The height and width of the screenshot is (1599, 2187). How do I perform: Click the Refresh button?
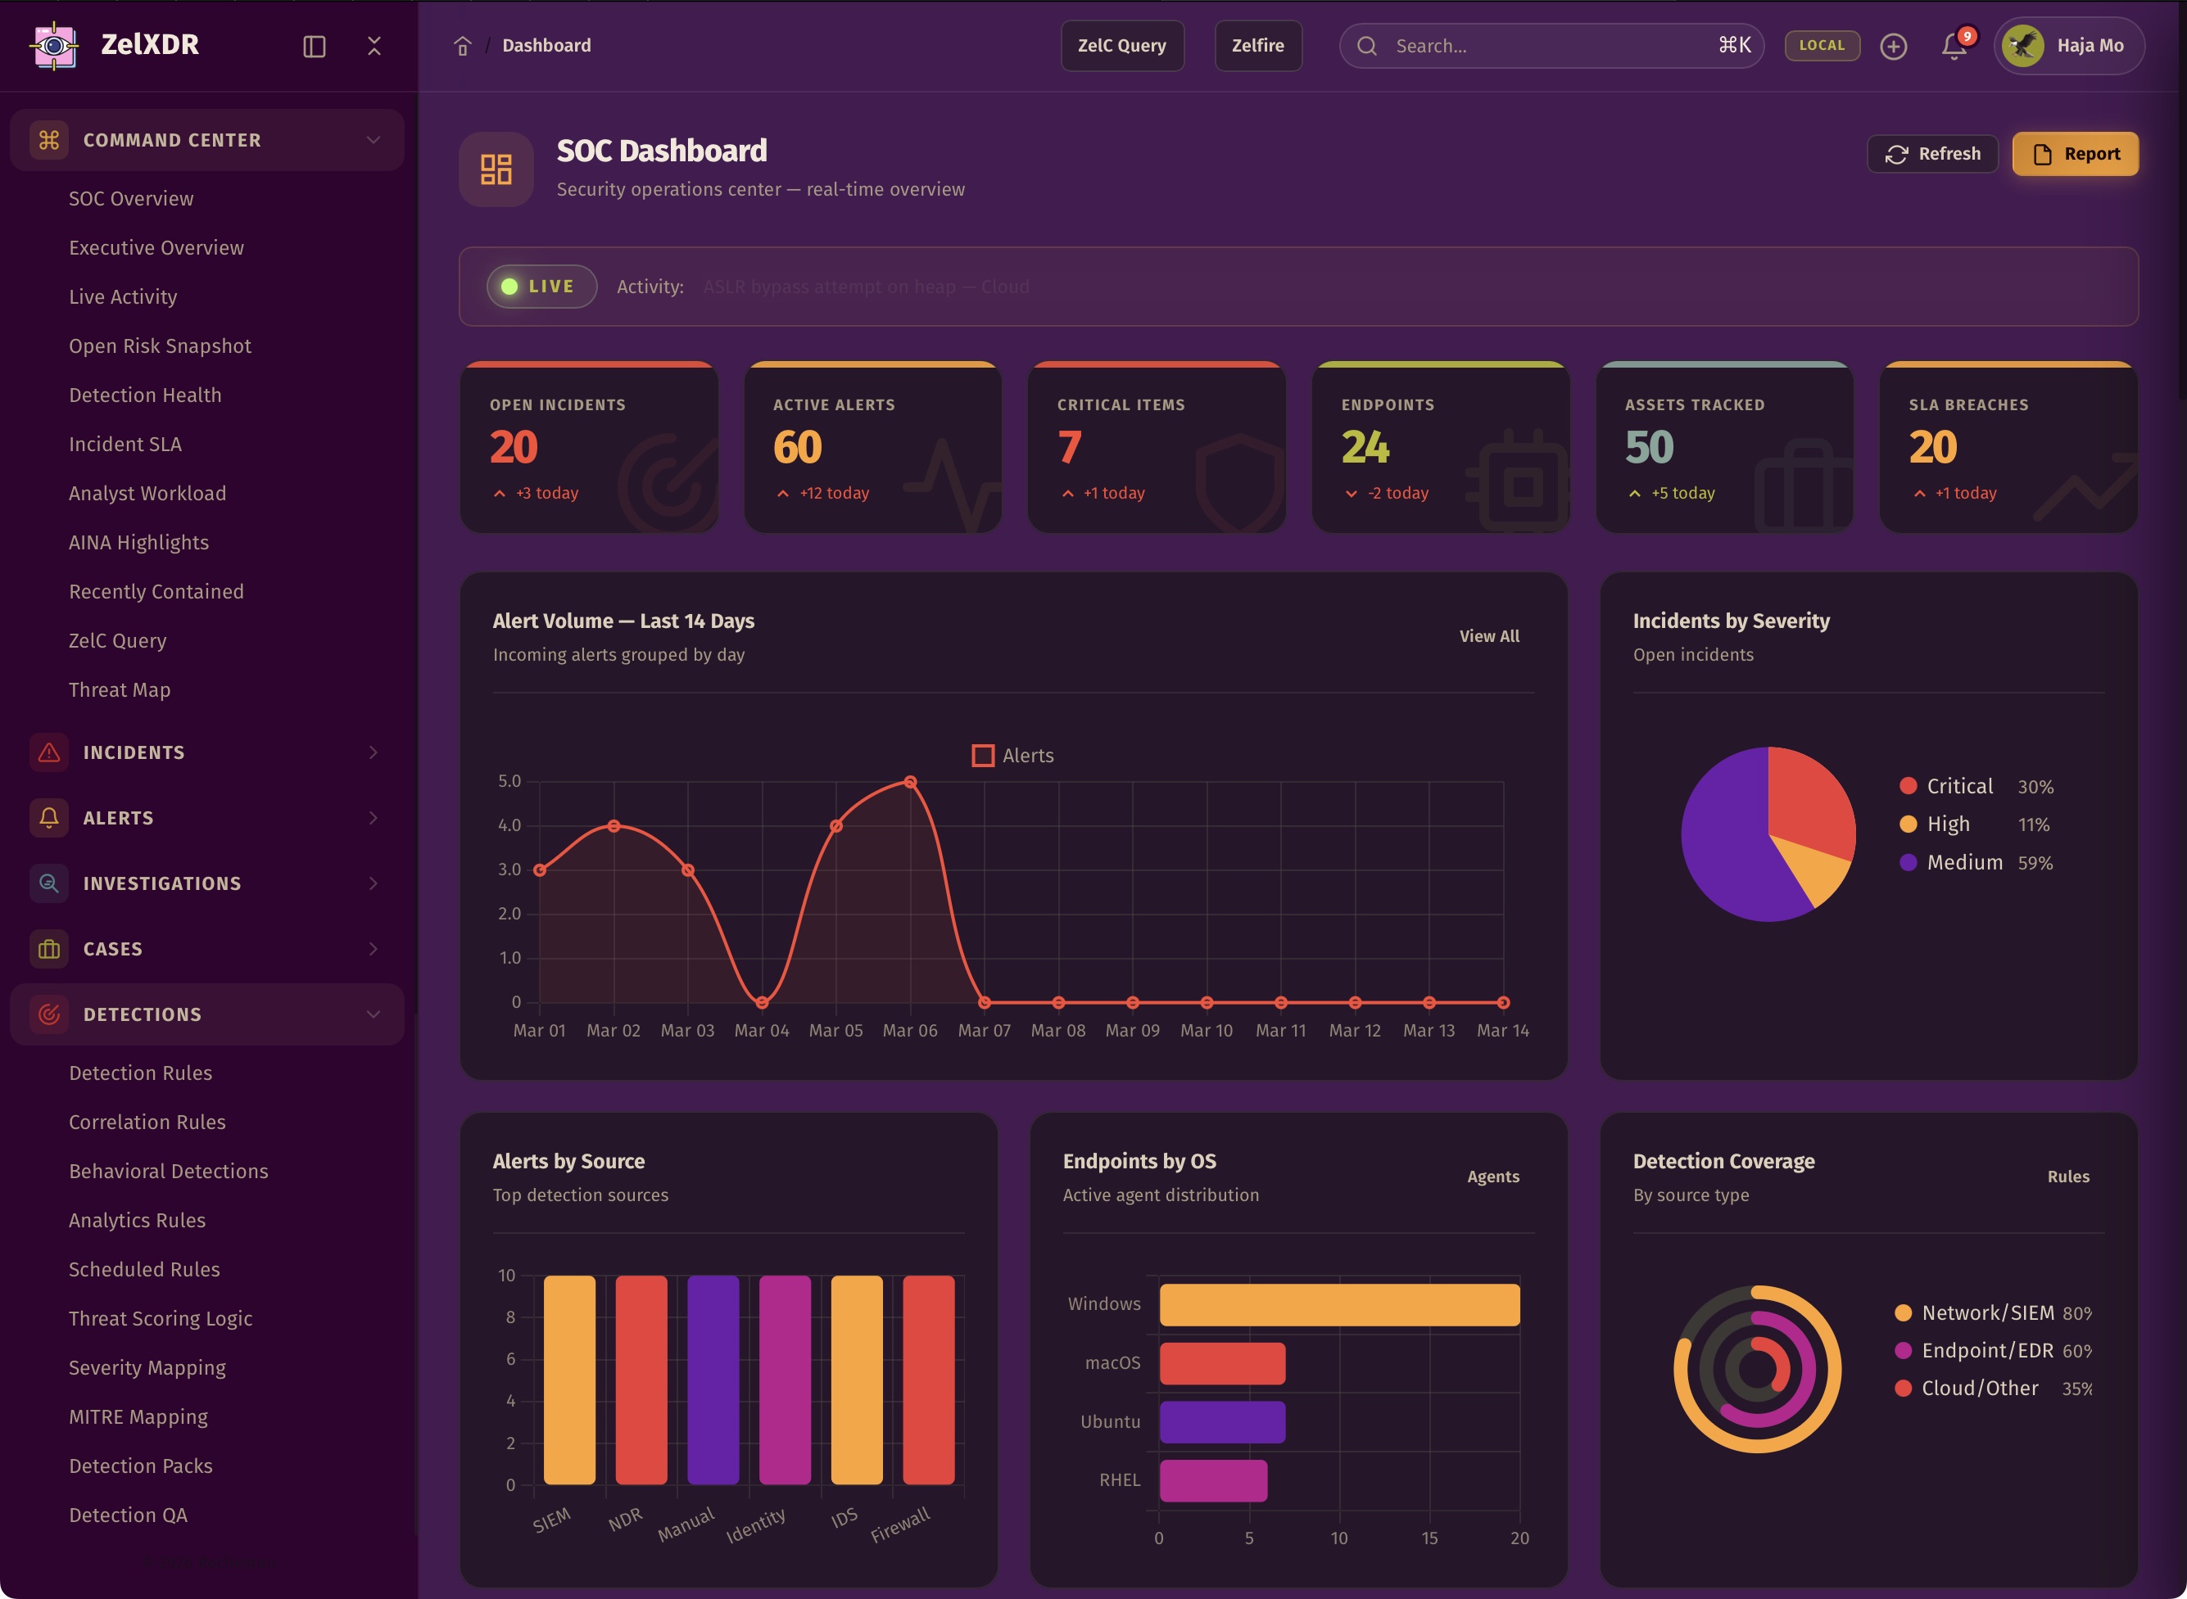tap(1931, 154)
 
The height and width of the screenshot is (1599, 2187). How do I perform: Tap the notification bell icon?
tap(1954, 46)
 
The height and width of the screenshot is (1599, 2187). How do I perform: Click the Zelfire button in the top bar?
tap(1257, 46)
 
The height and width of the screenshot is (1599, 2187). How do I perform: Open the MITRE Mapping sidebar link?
tap(138, 1417)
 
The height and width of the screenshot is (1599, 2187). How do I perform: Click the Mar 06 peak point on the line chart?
tap(910, 782)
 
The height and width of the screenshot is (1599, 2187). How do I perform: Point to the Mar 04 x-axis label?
tap(762, 1031)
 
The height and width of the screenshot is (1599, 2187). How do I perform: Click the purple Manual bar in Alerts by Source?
tap(713, 1380)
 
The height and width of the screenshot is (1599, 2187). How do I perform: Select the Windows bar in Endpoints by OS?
tap(1339, 1305)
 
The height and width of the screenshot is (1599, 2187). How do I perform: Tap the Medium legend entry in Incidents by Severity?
tap(1963, 862)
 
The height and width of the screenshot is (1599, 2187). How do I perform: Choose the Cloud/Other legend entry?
tap(1979, 1388)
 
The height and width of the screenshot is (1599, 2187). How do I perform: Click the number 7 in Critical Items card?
tap(1069, 447)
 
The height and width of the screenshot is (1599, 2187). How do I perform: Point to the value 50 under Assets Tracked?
tap(1649, 447)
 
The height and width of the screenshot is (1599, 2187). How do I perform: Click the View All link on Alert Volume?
tap(1489, 636)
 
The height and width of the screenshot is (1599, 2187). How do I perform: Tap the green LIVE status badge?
tap(541, 287)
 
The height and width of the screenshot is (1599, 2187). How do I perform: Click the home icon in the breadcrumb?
tap(463, 46)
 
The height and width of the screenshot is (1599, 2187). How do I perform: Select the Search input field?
tap(1549, 46)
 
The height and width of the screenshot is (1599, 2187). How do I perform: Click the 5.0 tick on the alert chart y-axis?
tap(509, 781)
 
